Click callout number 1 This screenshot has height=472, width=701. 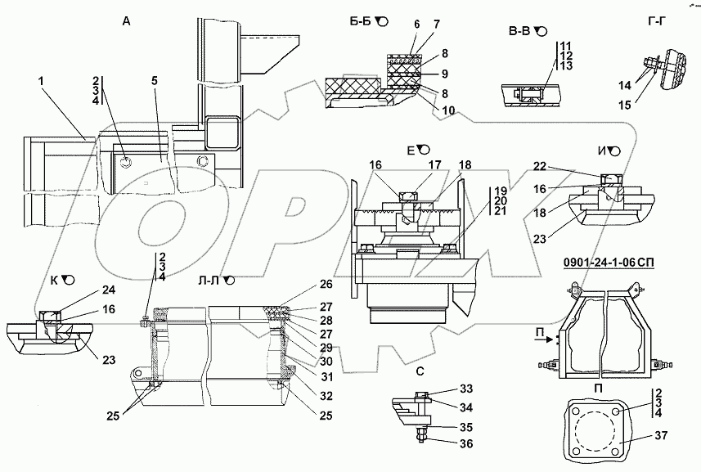click(x=39, y=83)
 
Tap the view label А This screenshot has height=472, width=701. click(x=126, y=22)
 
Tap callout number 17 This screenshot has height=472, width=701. click(x=436, y=164)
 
